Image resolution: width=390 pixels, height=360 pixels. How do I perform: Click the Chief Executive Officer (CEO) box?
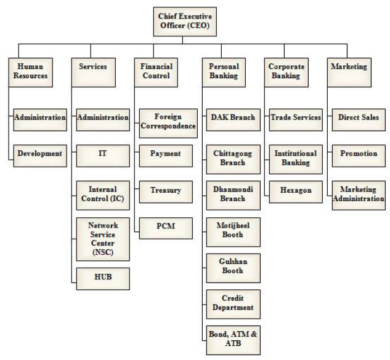[x=183, y=21]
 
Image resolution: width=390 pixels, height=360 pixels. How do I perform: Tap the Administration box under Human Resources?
[x=39, y=118]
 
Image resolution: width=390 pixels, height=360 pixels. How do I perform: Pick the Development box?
[x=39, y=153]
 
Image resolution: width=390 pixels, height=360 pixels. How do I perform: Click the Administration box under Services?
[x=102, y=118]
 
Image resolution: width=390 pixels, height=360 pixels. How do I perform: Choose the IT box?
[x=102, y=153]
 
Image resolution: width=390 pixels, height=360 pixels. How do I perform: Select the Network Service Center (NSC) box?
[x=102, y=237]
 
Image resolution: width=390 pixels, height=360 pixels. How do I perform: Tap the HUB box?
[x=102, y=278]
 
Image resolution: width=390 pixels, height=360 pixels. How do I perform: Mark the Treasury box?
[x=166, y=191]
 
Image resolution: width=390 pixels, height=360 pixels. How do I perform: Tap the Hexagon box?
[x=295, y=191]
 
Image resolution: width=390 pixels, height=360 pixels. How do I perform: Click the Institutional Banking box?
[x=295, y=158]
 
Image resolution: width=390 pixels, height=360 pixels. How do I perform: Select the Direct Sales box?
[x=359, y=118]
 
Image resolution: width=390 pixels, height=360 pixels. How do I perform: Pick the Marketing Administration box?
[x=359, y=194]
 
